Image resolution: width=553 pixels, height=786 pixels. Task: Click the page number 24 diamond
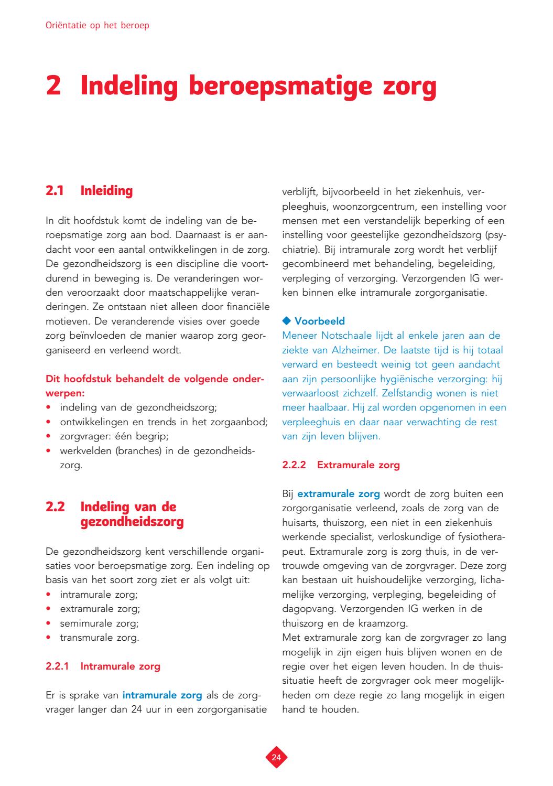point(276,757)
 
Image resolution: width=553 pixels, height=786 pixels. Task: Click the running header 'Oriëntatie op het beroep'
point(97,25)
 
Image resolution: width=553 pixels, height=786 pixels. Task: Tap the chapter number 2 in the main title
point(54,87)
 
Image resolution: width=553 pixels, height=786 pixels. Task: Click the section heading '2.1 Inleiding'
point(89,191)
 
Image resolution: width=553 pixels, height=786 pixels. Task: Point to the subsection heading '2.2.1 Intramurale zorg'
point(103,666)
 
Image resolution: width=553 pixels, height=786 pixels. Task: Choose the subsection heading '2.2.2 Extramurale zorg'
point(341,465)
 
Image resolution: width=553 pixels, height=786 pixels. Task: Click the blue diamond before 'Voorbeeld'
point(286,321)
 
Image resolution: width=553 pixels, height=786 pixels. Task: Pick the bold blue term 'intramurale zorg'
point(162,695)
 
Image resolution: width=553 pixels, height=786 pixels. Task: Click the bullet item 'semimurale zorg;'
point(99,623)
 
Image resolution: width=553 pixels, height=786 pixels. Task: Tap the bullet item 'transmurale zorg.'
point(99,638)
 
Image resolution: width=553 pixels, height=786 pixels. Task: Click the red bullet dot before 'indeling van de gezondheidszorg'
point(48,407)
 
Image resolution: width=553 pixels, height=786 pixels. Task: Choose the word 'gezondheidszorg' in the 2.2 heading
point(132,522)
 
